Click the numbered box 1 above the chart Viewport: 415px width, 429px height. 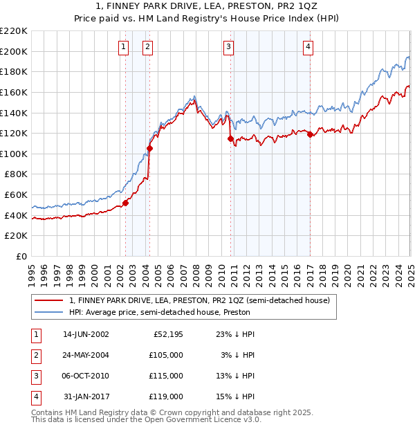tap(123, 47)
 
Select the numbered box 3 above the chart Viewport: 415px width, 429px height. tap(228, 47)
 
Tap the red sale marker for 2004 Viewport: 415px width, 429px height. tap(149, 148)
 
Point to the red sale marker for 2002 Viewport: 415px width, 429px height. tap(125, 203)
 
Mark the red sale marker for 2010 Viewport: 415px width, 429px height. tap(230, 138)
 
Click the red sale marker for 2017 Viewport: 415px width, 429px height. tap(310, 134)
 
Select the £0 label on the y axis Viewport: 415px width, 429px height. tap(21, 257)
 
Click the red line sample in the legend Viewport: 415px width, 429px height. tap(48, 300)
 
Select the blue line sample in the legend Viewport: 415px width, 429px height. tap(48, 312)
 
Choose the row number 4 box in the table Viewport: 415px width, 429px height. tap(35, 396)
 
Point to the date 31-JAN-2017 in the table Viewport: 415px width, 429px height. tap(86, 396)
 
